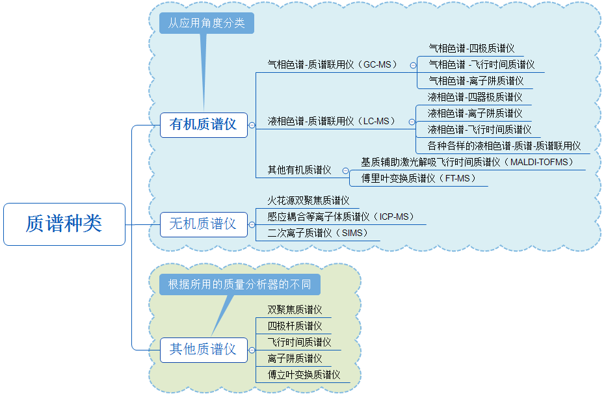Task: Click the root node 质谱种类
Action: [x=64, y=224]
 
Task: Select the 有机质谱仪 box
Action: [x=203, y=124]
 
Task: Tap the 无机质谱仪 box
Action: [x=203, y=224]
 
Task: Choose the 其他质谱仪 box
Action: [x=203, y=350]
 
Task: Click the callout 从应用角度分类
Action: [x=206, y=23]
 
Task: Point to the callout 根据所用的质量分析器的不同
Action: [x=239, y=285]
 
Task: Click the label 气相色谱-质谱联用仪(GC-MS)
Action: [x=332, y=65]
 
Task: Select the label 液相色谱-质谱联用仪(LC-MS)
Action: [x=332, y=122]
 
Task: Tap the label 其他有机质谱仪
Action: [x=300, y=170]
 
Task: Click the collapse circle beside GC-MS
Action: [x=412, y=65]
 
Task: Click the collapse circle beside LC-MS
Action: [x=411, y=122]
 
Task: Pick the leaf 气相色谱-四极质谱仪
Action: [x=471, y=49]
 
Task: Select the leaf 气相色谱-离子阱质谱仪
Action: [x=476, y=81]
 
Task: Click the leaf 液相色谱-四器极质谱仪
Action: [x=475, y=98]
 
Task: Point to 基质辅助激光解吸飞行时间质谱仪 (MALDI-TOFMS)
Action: [x=467, y=162]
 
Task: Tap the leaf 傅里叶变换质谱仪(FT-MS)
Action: [x=419, y=178]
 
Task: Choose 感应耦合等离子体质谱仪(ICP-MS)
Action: [x=341, y=217]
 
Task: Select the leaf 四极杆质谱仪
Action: [x=295, y=326]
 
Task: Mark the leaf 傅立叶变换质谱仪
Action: [x=304, y=375]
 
